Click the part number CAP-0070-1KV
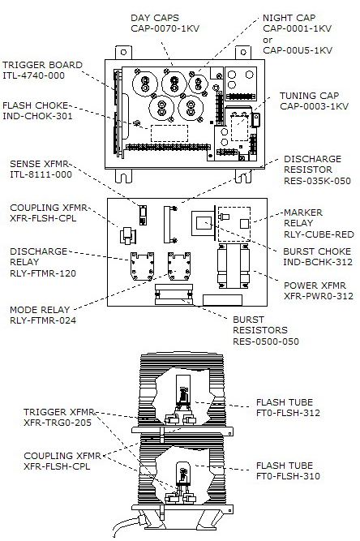pos(165,28)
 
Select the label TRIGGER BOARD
pos(42,65)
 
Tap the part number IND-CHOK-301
pos(37,116)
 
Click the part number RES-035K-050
pos(317,181)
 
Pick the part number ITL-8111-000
pos(41,174)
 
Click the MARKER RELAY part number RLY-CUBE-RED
pos(319,234)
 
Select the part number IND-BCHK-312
pos(318,262)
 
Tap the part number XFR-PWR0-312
pos(319,296)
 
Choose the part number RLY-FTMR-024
pos(43,320)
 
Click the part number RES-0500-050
pos(265,341)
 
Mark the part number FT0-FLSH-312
pos(288,413)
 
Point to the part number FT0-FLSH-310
pos(288,476)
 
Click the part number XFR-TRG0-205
pos(58,423)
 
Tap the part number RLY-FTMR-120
pos(43,273)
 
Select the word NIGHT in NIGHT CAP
pos(276,18)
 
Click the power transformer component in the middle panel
pos(234,266)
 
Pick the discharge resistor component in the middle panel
pos(170,224)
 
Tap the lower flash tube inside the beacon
pos(183,473)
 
